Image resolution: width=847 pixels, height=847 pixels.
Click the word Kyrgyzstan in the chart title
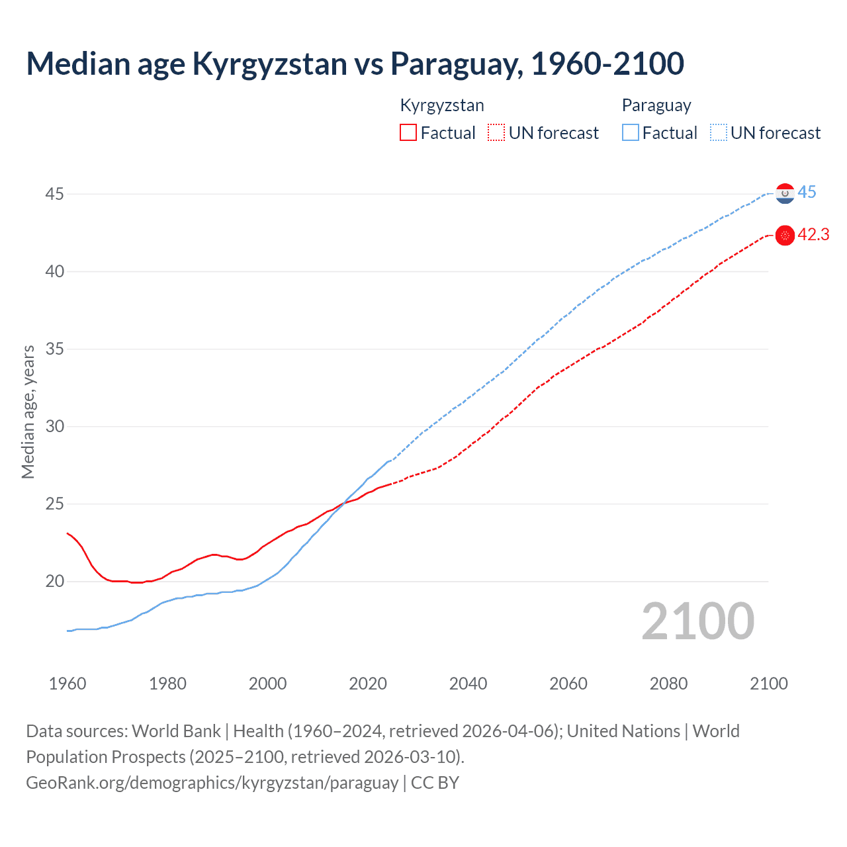pyautogui.click(x=269, y=64)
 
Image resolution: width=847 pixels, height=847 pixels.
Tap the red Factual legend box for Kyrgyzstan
pyautogui.click(x=408, y=133)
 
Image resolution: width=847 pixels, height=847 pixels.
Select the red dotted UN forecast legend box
pyautogui.click(x=496, y=133)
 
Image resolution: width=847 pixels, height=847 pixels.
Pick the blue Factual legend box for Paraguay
pyautogui.click(x=631, y=133)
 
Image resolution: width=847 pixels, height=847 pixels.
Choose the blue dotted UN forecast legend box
pyautogui.click(x=719, y=133)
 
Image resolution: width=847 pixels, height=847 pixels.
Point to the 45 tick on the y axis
pyautogui.click(x=55, y=194)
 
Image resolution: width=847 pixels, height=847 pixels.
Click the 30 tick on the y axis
pyautogui.click(x=55, y=426)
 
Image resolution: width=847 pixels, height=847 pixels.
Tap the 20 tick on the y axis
pyautogui.click(x=55, y=581)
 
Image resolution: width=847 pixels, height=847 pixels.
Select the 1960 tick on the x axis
pyautogui.click(x=67, y=684)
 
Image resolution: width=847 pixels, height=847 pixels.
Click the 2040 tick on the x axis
pyautogui.click(x=468, y=684)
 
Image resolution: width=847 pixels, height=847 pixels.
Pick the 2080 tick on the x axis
pyautogui.click(x=668, y=684)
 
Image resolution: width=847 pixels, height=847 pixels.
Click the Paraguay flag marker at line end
pyautogui.click(x=785, y=193)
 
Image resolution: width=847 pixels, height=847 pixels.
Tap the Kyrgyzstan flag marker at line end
pyautogui.click(x=785, y=236)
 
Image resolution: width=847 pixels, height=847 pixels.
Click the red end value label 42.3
pyautogui.click(x=813, y=235)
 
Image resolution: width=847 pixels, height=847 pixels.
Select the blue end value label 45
pyautogui.click(x=807, y=193)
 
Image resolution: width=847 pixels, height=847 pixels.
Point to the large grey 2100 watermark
pyautogui.click(x=697, y=621)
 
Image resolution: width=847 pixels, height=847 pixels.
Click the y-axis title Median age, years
pyautogui.click(x=28, y=412)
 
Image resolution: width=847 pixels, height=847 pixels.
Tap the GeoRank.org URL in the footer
pyautogui.click(x=212, y=782)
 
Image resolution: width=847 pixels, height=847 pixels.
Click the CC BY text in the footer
pyautogui.click(x=435, y=782)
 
